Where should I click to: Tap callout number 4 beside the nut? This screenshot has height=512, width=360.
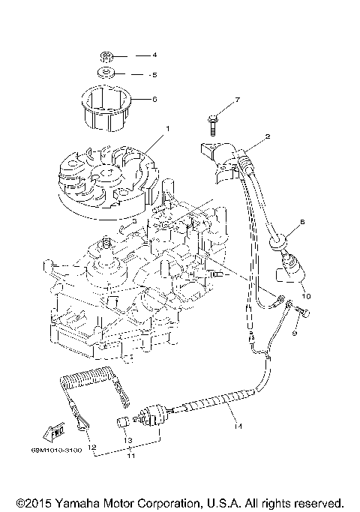click(154, 55)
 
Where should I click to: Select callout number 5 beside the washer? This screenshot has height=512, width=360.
click(154, 75)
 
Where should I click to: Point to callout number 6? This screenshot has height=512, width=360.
click(154, 98)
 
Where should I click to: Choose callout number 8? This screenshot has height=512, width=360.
click(302, 222)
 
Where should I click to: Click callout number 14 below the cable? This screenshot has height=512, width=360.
click(238, 427)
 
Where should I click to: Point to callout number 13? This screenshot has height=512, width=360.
click(127, 440)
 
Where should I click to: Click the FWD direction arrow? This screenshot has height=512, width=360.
click(56, 431)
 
